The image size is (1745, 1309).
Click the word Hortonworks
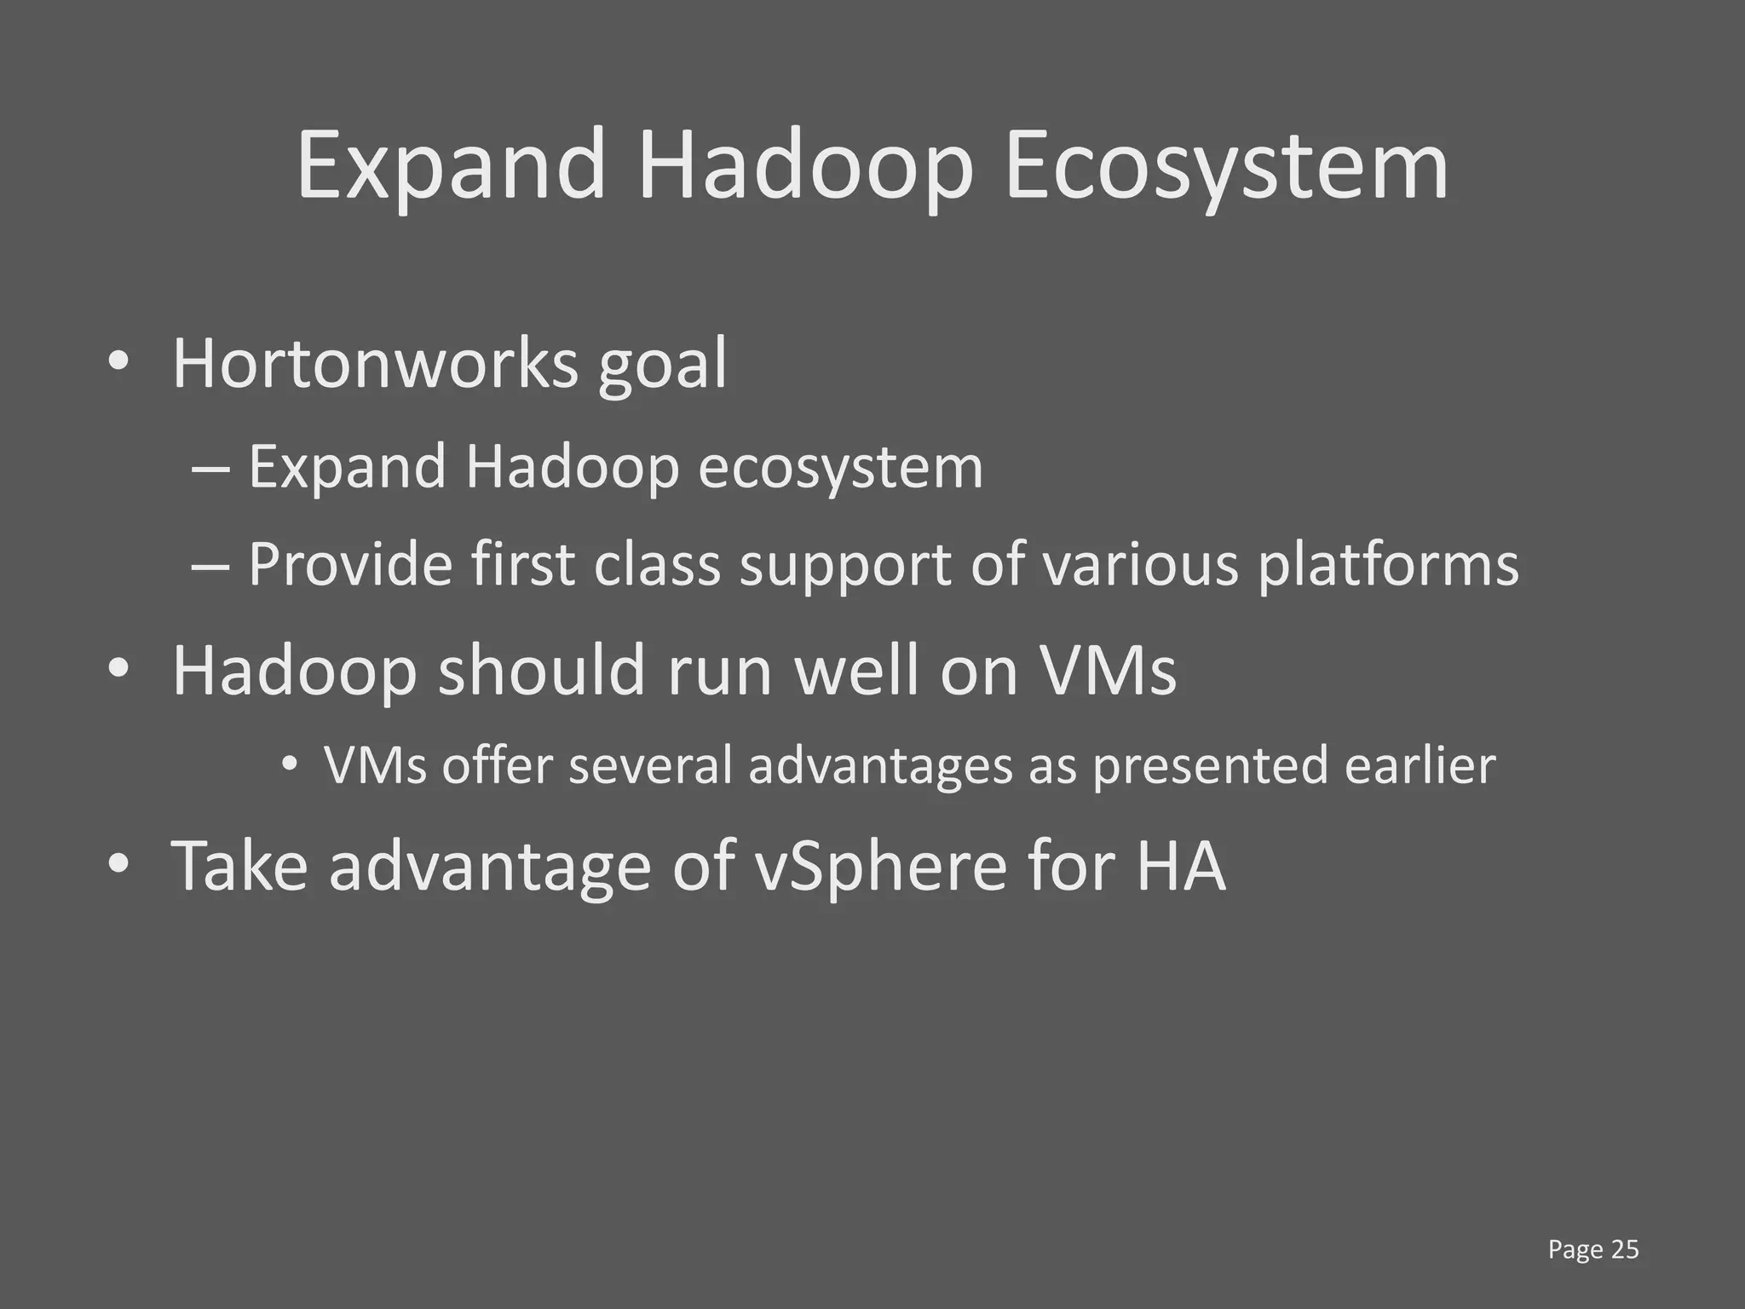pos(375,364)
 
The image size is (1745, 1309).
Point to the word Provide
pos(349,564)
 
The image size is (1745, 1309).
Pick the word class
pos(657,564)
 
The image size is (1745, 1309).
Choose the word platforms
pos(1388,566)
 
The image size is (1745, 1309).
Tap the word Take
pos(239,866)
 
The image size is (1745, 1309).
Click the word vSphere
pos(881,868)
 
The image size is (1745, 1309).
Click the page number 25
pos(1625,1249)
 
